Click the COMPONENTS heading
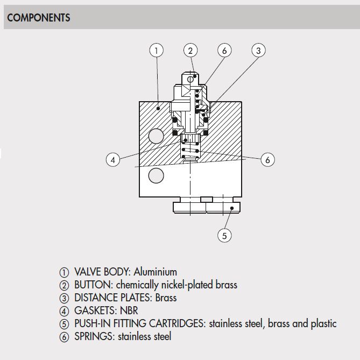(x=38, y=18)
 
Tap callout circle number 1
(x=156, y=51)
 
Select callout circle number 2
(x=190, y=51)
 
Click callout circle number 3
(x=258, y=51)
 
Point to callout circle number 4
(x=112, y=160)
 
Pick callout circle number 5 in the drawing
(x=224, y=235)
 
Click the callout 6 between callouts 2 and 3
(x=224, y=51)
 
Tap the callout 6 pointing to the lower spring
(x=267, y=160)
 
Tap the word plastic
(x=321, y=323)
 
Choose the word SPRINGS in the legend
(x=92, y=336)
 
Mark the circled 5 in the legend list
(x=65, y=324)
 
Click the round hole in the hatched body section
(x=156, y=136)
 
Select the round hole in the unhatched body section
(x=156, y=175)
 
